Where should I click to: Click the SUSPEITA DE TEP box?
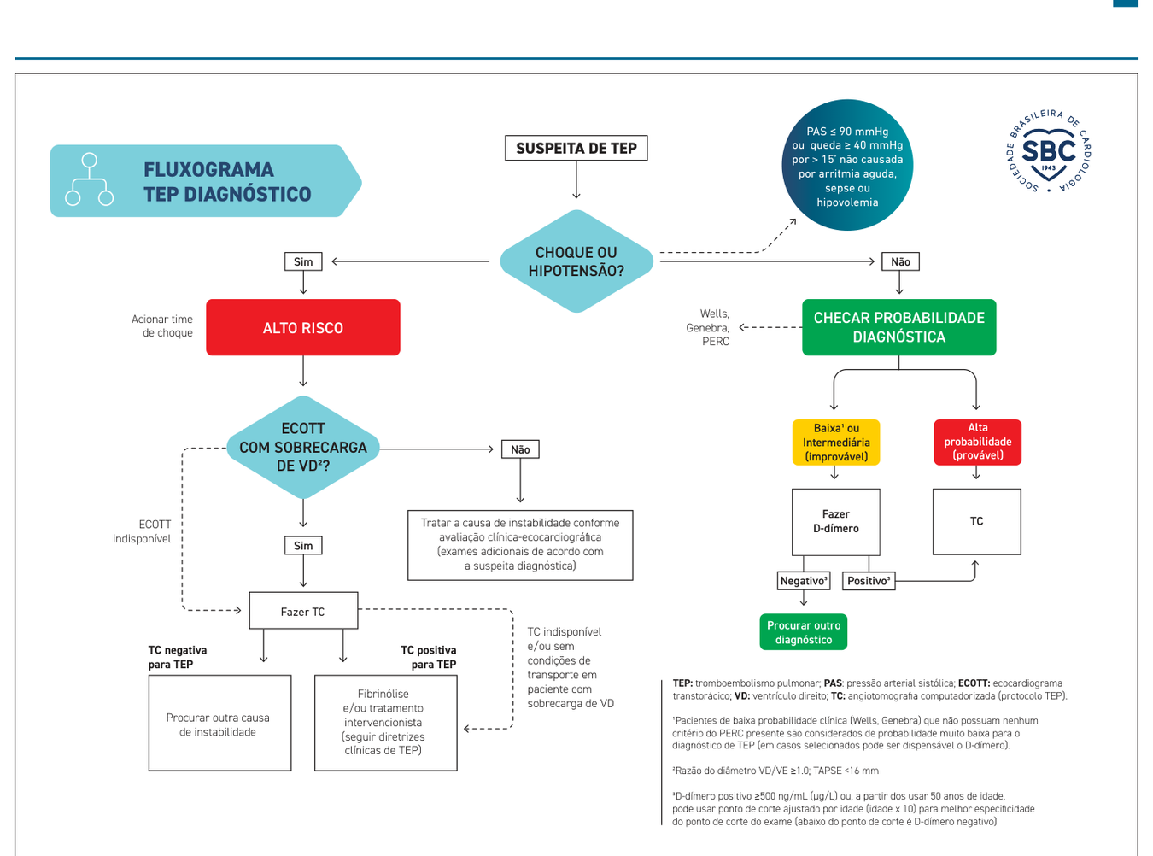point(576,148)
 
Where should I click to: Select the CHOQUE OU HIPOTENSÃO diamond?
point(576,261)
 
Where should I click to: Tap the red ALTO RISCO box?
point(303,327)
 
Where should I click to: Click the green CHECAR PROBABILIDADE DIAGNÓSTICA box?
point(898,327)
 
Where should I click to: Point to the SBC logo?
point(1049,152)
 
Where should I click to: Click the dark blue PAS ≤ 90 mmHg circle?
point(847,165)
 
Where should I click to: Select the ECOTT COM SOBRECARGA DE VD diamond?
point(303,448)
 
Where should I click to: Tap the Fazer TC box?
point(303,611)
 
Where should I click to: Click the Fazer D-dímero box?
point(836,522)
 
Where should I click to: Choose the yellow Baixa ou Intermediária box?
point(836,442)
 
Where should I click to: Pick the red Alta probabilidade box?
point(977,442)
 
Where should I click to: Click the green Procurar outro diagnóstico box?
point(803,632)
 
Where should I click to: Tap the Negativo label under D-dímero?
point(804,581)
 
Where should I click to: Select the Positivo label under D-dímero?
point(869,581)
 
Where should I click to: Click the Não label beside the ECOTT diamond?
point(520,449)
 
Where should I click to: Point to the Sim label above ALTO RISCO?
point(303,261)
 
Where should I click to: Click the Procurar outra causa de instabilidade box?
point(219,723)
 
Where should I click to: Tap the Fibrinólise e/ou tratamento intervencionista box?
point(386,723)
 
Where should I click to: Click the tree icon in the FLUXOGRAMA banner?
point(90,179)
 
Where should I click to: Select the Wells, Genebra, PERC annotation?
point(707,327)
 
